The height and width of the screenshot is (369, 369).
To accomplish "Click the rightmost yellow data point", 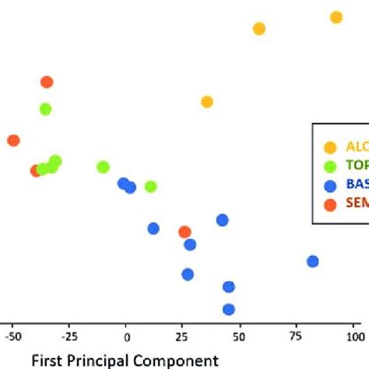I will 336,17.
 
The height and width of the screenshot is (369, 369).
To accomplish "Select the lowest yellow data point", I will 207,102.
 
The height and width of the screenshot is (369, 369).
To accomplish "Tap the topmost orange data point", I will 47,82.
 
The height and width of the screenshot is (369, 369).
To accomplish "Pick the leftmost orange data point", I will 13,140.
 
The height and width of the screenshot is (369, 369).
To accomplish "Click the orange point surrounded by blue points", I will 184,232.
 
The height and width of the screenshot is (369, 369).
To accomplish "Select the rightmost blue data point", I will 313,262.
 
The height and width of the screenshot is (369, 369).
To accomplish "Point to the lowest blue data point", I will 229,309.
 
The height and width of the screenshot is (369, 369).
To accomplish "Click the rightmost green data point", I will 151,186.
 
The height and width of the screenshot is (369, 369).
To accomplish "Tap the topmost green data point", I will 46,109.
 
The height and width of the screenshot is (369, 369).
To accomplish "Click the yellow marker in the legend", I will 330,147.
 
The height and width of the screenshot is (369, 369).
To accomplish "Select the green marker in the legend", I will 330,166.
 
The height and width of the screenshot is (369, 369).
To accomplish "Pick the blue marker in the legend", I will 330,185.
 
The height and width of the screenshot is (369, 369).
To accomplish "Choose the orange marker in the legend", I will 330,205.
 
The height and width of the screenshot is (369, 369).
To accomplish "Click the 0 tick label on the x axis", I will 126,337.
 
